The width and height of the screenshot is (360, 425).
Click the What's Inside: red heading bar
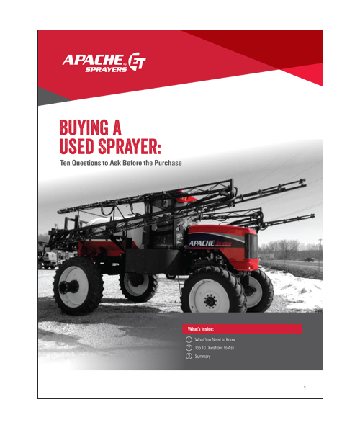point(243,328)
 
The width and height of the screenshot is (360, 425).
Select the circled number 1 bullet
point(189,339)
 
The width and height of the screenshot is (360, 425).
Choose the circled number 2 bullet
point(189,348)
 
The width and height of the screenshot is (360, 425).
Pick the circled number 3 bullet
point(189,357)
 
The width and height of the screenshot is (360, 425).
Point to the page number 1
point(305,388)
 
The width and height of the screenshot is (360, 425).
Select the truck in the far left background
point(47,257)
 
